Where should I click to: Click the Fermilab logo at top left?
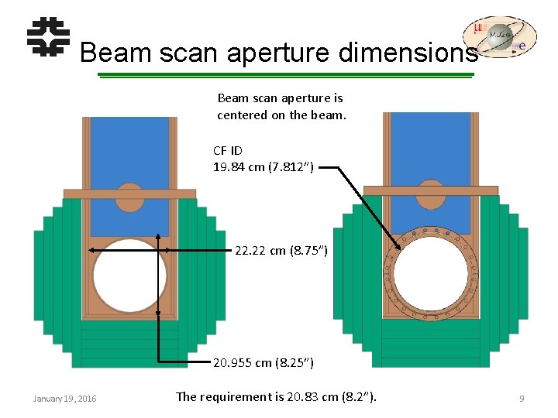[x=48, y=37]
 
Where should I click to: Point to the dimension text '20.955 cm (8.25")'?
[x=263, y=362]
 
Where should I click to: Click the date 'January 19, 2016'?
[x=65, y=399]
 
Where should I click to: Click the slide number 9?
[x=522, y=399]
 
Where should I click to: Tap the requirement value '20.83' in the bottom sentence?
[x=302, y=397]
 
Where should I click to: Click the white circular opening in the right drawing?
[x=430, y=275]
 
